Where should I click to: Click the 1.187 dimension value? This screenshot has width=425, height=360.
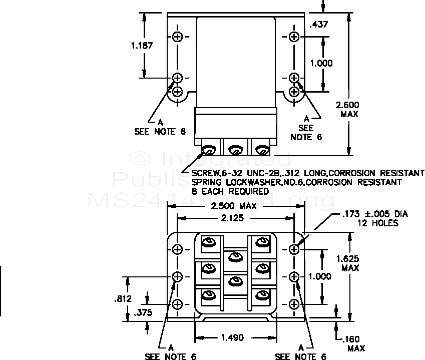[x=142, y=45]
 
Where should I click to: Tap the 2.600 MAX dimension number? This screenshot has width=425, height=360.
[x=347, y=105]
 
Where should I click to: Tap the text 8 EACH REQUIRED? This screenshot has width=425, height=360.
[x=230, y=191]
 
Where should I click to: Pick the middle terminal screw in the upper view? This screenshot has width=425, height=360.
[x=234, y=149]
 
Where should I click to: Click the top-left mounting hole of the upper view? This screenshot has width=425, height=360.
[x=178, y=37]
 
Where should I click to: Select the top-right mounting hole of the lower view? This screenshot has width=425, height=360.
[x=294, y=249]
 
